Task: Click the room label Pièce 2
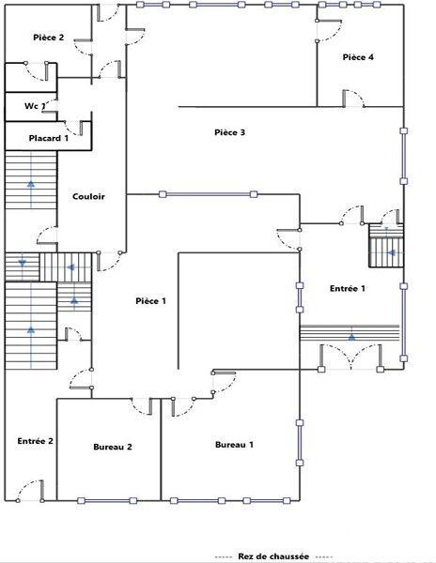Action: [48, 38]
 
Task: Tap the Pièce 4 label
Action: [358, 57]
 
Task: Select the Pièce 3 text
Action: [229, 132]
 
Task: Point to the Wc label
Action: [33, 106]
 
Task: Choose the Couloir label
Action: [88, 196]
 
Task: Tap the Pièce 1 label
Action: [150, 300]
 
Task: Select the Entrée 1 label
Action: [347, 288]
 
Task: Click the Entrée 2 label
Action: [35, 440]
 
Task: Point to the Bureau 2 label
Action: [113, 447]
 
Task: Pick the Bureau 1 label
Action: [234, 444]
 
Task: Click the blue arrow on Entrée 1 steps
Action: [350, 335]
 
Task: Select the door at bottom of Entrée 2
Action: [30, 492]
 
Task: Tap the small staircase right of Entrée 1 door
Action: [385, 246]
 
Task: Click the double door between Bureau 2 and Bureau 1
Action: [162, 405]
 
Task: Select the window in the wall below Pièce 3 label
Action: [208, 195]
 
